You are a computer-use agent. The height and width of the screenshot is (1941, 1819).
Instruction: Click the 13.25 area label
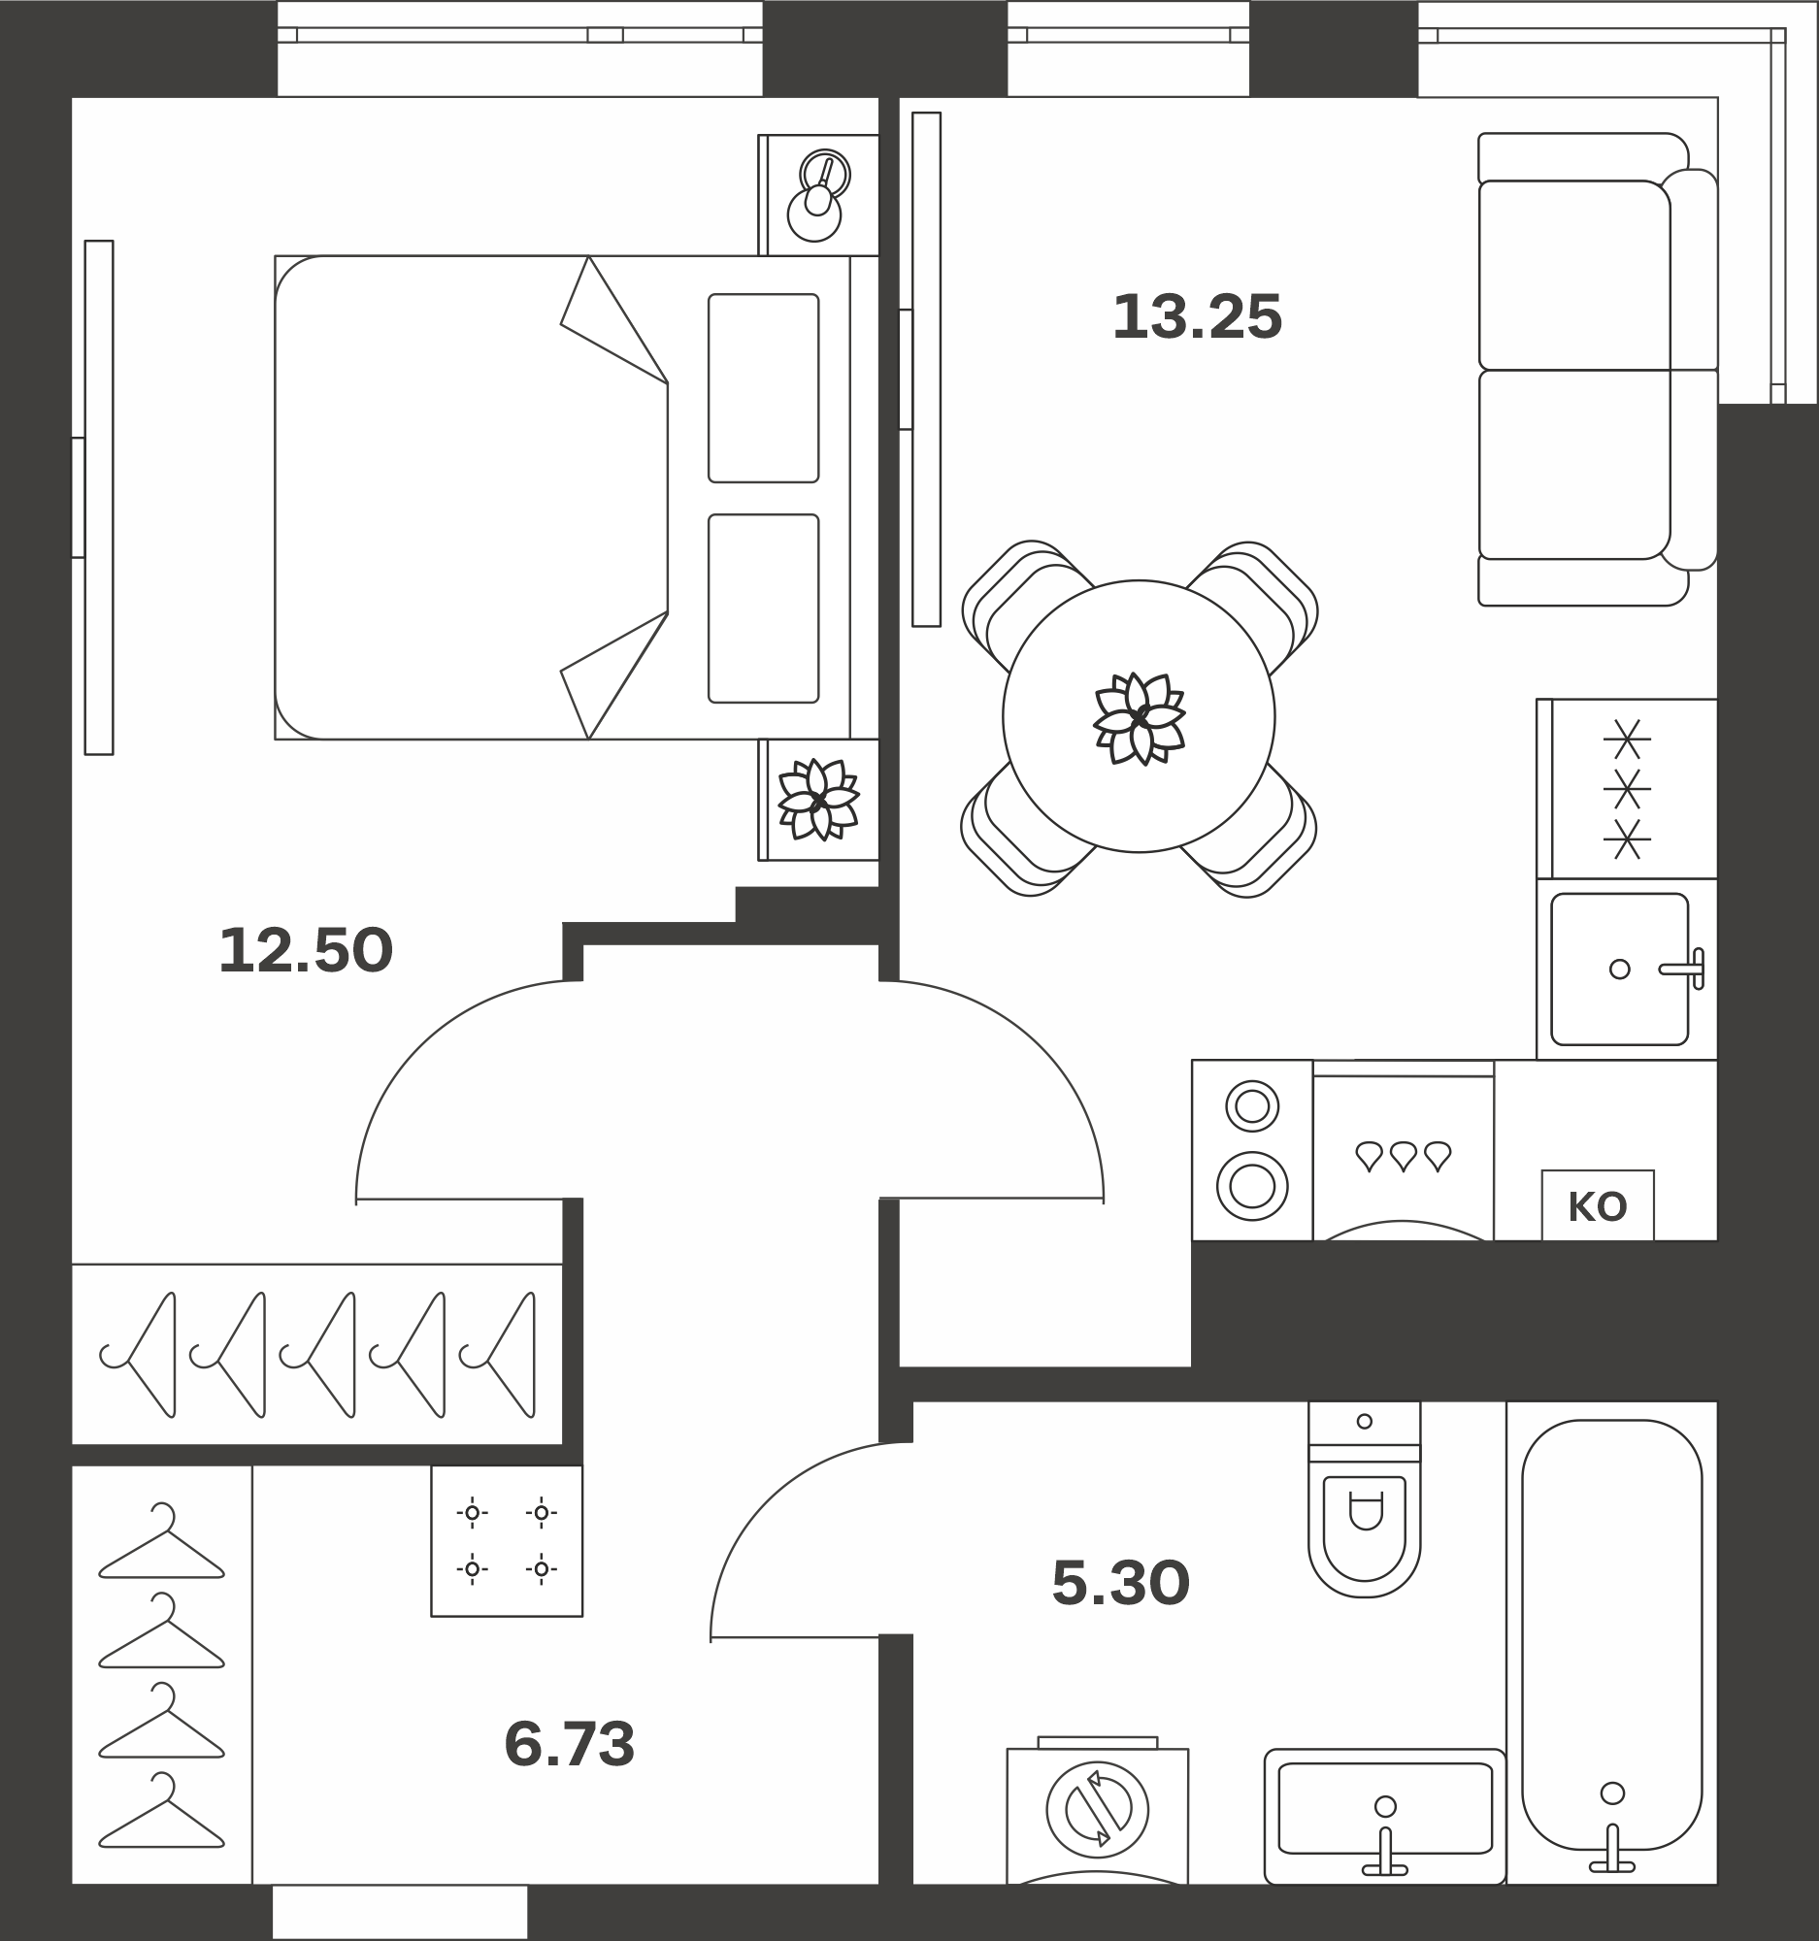tap(1197, 317)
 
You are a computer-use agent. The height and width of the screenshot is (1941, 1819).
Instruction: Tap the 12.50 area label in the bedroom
tap(306, 950)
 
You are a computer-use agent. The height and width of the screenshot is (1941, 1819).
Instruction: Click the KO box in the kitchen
tap(1598, 1205)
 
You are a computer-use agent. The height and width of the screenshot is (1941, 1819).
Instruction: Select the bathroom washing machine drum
tap(1098, 1810)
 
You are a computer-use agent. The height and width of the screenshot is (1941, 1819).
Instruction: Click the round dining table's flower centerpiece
tap(1139, 718)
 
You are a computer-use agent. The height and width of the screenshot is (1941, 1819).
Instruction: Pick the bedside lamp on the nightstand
tap(818, 196)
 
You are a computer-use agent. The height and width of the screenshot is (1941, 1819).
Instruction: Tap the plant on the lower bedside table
tap(818, 800)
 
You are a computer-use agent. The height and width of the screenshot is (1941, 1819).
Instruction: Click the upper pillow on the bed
tap(764, 387)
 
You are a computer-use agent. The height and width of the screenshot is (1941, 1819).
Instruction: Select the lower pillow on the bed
tap(764, 609)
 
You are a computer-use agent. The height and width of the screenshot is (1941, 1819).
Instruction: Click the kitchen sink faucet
tap(1683, 969)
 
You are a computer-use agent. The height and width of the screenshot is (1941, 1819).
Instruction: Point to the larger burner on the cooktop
tap(1252, 1187)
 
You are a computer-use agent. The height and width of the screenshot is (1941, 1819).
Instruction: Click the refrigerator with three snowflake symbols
tap(1627, 789)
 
